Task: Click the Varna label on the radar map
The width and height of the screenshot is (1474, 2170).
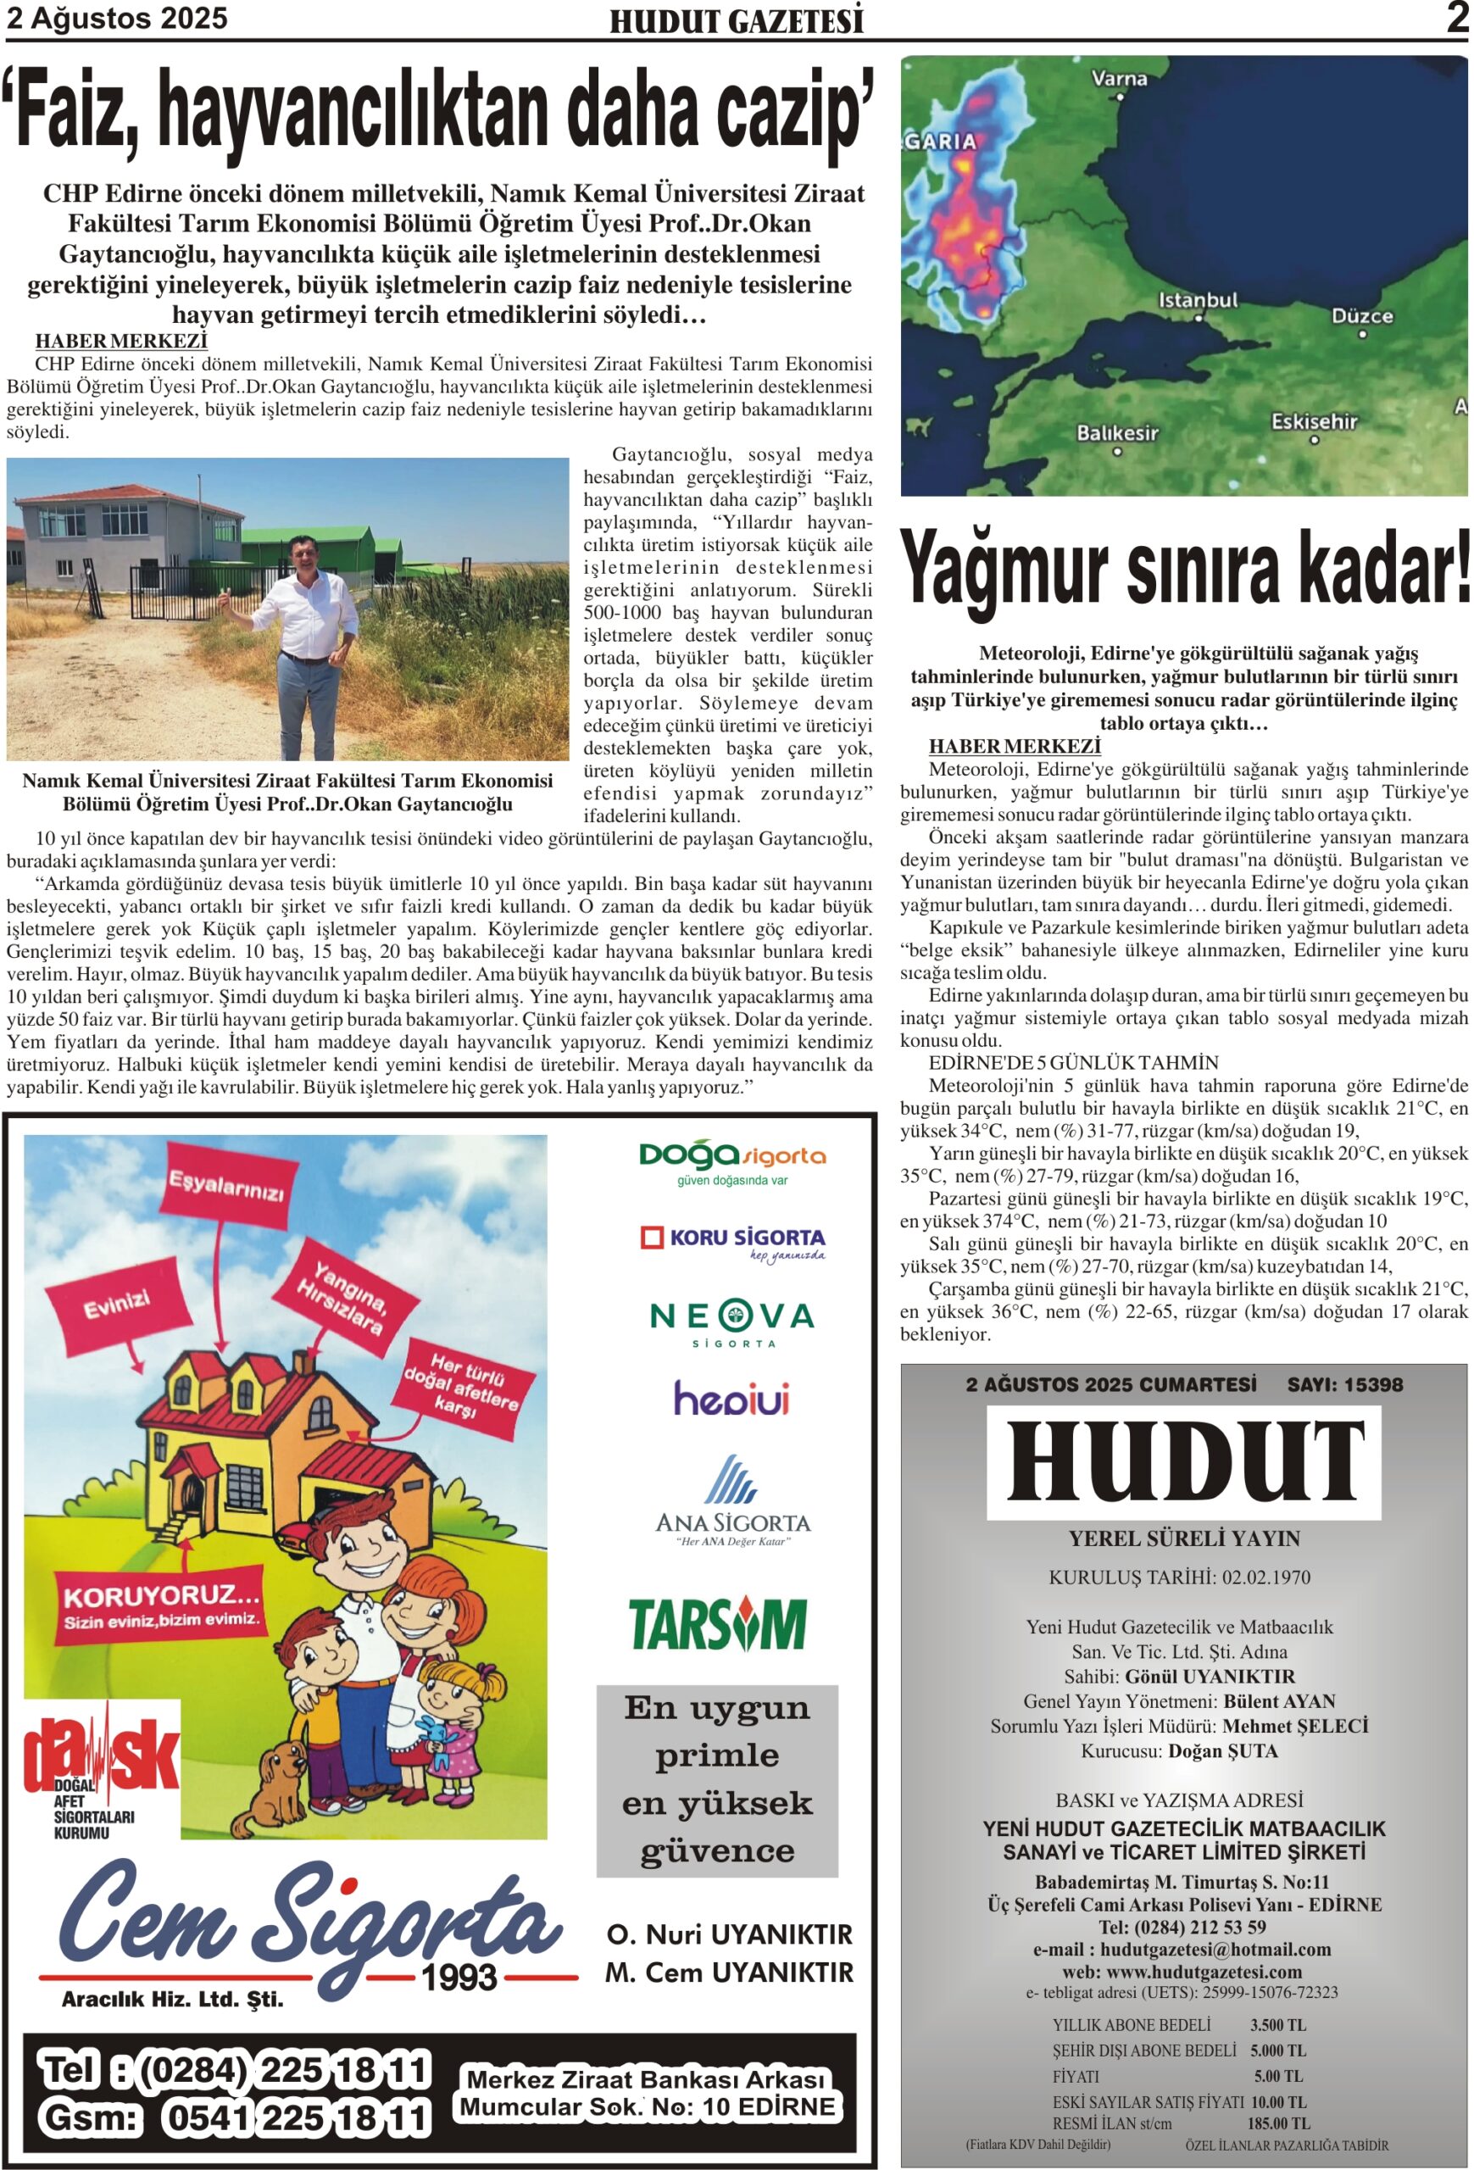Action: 1119,79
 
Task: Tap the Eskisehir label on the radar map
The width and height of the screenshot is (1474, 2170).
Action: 1314,421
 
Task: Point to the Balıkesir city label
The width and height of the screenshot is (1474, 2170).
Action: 1116,433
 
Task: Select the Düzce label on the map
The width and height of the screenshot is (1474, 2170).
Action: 1362,315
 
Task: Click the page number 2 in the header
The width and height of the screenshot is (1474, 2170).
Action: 1457,19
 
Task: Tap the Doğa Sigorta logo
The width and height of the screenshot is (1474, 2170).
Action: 731,1160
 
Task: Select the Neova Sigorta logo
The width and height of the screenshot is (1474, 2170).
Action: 731,1321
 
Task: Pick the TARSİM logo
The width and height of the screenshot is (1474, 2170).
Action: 717,1625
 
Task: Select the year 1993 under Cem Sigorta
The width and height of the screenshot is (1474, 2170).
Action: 459,1977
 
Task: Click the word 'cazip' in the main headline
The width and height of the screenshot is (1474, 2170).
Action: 794,110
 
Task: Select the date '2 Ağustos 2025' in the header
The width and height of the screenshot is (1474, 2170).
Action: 117,19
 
